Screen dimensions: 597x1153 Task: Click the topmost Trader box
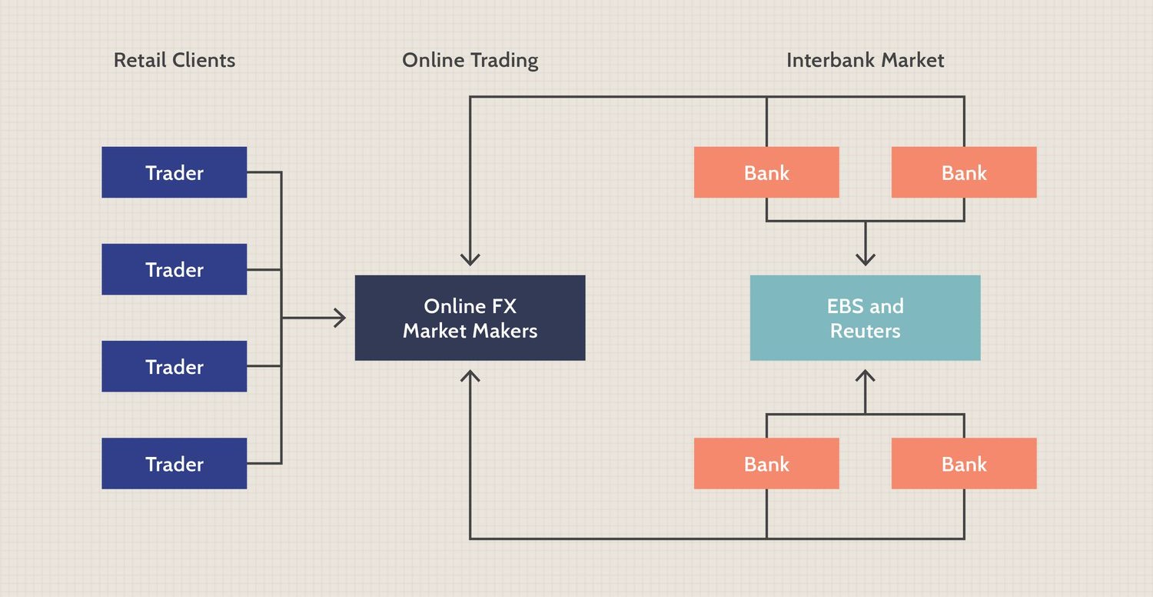tap(174, 172)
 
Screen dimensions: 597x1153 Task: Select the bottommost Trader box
tap(174, 463)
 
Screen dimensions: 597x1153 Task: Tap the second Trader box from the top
tap(174, 269)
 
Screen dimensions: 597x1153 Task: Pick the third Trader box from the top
tap(174, 366)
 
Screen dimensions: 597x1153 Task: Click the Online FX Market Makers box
tap(470, 318)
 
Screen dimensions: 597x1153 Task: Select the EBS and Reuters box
tap(865, 318)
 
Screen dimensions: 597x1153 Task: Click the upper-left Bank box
tap(766, 172)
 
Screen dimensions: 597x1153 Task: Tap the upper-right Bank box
tap(964, 172)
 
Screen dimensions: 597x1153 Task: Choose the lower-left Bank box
tap(766, 463)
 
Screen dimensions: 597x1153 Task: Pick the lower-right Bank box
tap(964, 463)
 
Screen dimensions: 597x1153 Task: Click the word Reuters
tap(865, 332)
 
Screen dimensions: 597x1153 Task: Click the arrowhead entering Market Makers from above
tap(470, 260)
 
